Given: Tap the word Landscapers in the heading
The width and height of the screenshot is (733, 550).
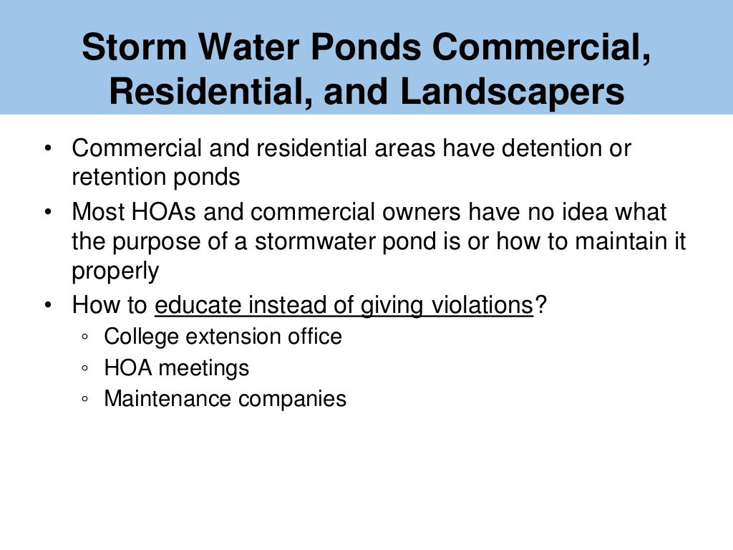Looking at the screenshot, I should click(x=512, y=92).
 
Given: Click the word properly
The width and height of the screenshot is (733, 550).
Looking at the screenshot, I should click(x=115, y=271).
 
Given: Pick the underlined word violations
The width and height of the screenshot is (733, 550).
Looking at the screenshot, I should click(x=481, y=305).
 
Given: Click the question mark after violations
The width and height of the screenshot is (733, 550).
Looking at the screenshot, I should click(x=541, y=305).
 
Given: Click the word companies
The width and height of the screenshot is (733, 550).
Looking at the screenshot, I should click(x=293, y=400).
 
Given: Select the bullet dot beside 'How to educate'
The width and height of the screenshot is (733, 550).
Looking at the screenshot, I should click(x=47, y=306).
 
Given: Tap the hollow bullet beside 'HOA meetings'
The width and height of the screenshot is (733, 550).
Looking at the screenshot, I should click(x=86, y=369).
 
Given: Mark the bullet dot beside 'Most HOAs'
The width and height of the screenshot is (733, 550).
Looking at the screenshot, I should click(x=47, y=213).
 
